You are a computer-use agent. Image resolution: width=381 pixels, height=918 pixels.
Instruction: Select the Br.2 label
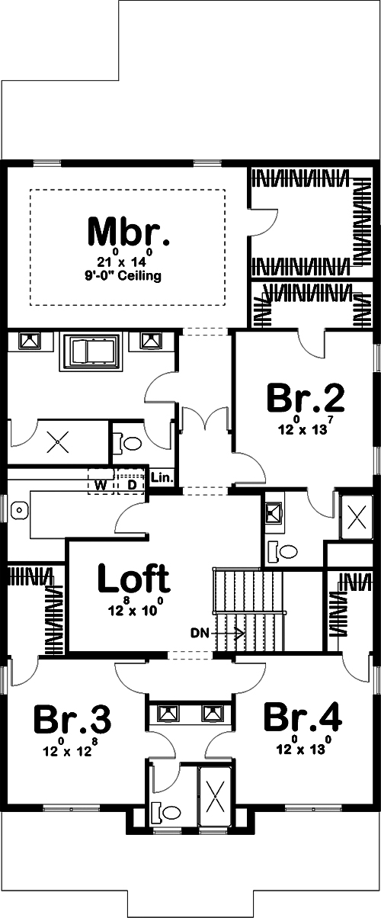[306, 398]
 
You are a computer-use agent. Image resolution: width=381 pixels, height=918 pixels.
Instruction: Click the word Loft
[134, 580]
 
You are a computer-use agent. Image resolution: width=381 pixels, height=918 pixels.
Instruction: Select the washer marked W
[101, 485]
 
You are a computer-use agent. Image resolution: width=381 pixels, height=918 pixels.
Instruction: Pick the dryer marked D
[131, 485]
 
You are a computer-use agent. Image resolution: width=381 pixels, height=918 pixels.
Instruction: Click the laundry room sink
[21, 509]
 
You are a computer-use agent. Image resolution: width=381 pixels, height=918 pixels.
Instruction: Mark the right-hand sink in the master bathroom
[150, 342]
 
